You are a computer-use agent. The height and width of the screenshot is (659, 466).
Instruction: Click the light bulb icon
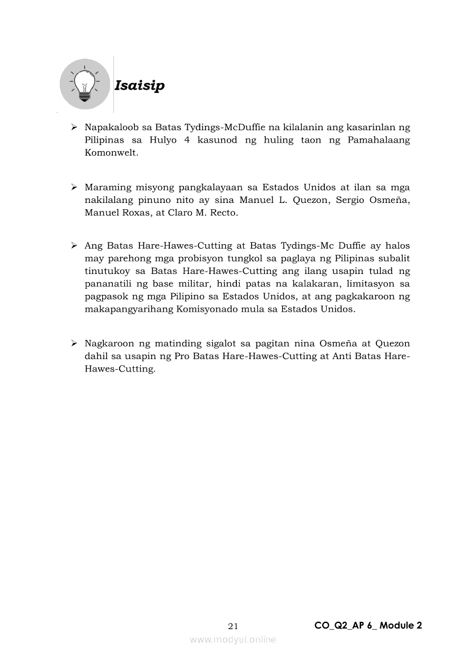pos(85,84)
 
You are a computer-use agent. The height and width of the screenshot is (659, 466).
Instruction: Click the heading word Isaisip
pos(139,86)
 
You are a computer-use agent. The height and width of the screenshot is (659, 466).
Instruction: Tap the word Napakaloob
pos(109,128)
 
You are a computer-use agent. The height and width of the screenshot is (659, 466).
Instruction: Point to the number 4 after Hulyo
pos(187,140)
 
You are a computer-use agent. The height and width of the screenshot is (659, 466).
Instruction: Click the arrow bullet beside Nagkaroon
pos(74,343)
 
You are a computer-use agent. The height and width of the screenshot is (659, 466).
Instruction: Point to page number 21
pos(233,626)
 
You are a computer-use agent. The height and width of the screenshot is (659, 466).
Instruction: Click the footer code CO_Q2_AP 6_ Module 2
pos(368,625)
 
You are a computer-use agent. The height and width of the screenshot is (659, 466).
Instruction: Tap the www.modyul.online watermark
pos(233,639)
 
